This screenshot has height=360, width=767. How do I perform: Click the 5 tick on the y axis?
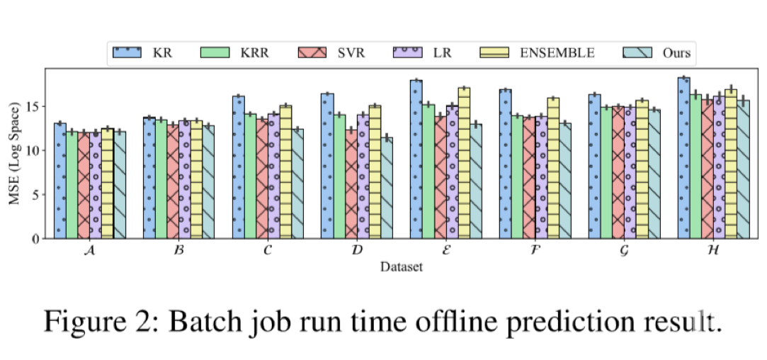35,194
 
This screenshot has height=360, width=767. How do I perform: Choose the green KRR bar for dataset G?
606,174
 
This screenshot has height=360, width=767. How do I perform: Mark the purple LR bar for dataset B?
185,180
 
